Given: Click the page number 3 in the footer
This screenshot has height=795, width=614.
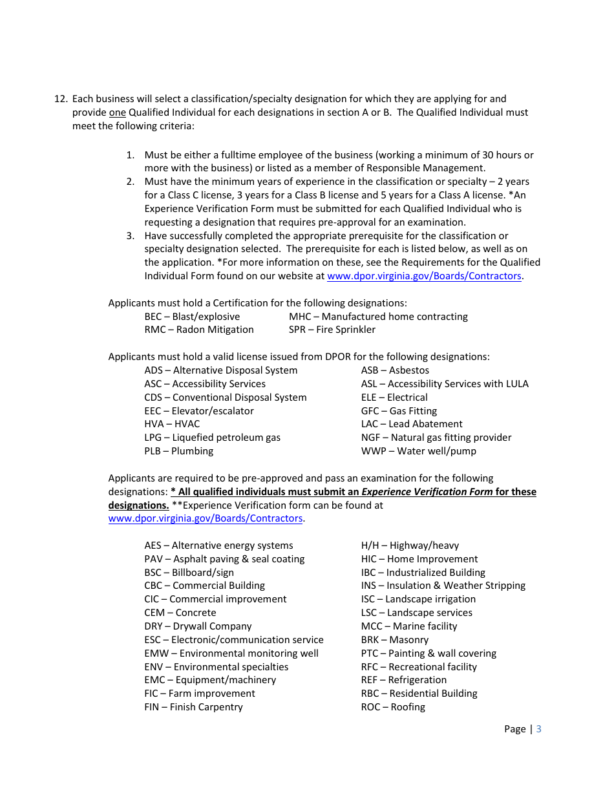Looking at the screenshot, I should click(x=539, y=729).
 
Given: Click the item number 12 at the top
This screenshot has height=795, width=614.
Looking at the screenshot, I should click(x=60, y=99).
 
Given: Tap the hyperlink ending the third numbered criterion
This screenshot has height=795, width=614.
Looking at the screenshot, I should click(x=424, y=276).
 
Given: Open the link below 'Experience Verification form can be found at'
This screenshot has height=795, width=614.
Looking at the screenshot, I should click(x=206, y=518).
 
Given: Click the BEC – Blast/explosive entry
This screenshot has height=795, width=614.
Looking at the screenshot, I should click(x=192, y=317).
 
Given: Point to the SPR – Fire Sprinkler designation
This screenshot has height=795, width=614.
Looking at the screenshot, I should click(x=332, y=330).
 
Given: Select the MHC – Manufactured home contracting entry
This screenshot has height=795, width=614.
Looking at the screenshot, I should click(x=378, y=317).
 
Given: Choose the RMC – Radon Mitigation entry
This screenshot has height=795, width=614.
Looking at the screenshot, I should click(x=199, y=330).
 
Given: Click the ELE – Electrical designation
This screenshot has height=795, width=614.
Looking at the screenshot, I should click(x=394, y=397).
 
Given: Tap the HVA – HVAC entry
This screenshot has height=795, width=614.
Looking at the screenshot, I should click(x=172, y=424).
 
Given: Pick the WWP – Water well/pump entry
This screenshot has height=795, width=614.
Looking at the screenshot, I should click(x=418, y=451).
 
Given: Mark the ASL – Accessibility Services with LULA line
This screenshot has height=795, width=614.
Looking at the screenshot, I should click(x=445, y=384).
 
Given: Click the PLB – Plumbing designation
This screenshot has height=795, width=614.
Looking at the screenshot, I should click(x=178, y=451).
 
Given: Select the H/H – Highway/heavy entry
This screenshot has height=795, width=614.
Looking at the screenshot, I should click(x=410, y=546).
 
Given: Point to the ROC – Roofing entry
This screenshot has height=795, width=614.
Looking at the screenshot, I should click(x=393, y=707).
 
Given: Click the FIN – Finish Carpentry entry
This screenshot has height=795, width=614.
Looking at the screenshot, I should click(x=193, y=707).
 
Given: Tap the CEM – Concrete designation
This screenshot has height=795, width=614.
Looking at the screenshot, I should click(x=180, y=613).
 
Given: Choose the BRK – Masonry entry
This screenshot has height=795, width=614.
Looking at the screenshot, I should click(x=394, y=640).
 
